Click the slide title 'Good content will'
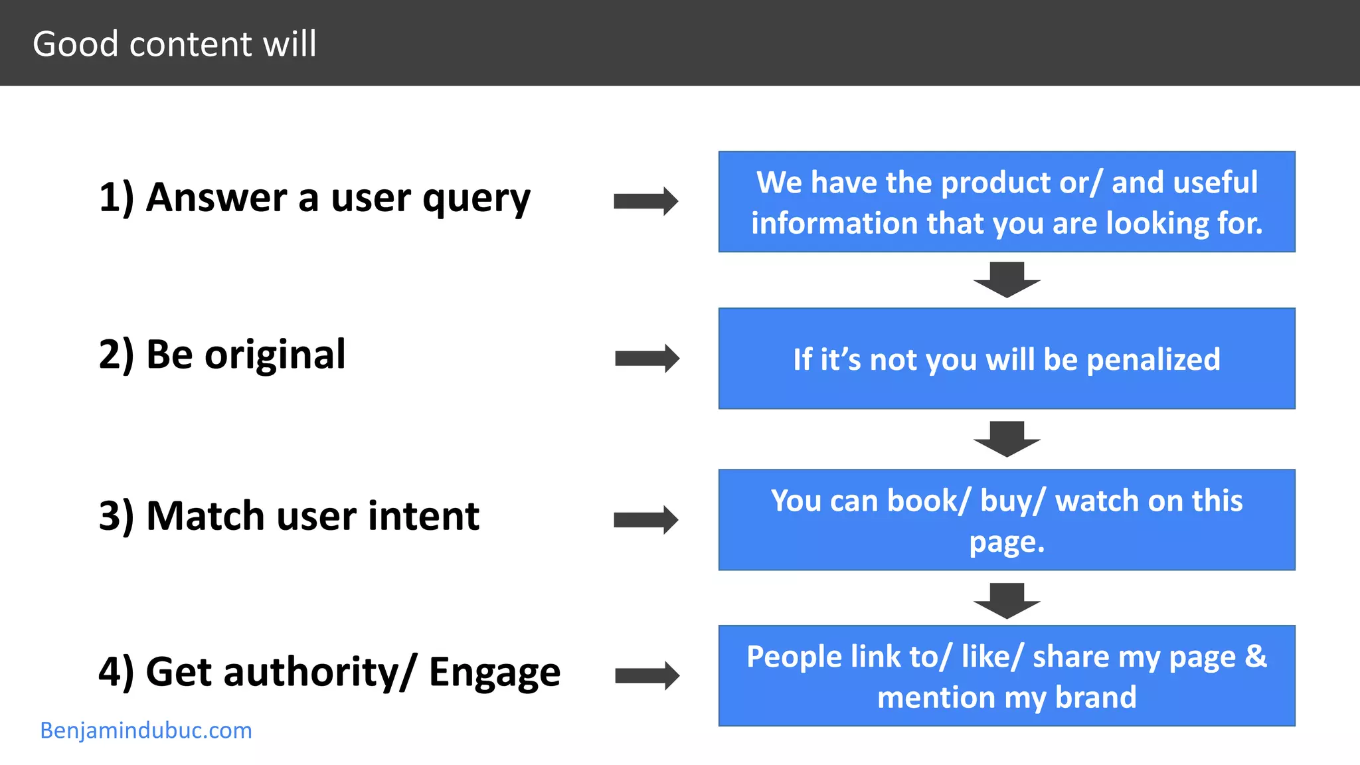tap(175, 44)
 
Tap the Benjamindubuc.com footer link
tap(146, 730)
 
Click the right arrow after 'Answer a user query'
tap(645, 201)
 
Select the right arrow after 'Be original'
tap(647, 359)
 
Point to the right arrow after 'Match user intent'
tap(645, 520)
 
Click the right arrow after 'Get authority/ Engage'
tap(647, 676)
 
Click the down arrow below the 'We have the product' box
tap(1007, 279)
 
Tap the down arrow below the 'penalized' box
tap(1007, 438)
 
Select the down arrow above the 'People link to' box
tap(1007, 600)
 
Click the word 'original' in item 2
tap(275, 355)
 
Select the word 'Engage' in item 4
tap(495, 672)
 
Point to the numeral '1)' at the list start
tap(116, 198)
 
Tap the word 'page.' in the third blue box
tap(1007, 542)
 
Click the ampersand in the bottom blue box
tap(1255, 656)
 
